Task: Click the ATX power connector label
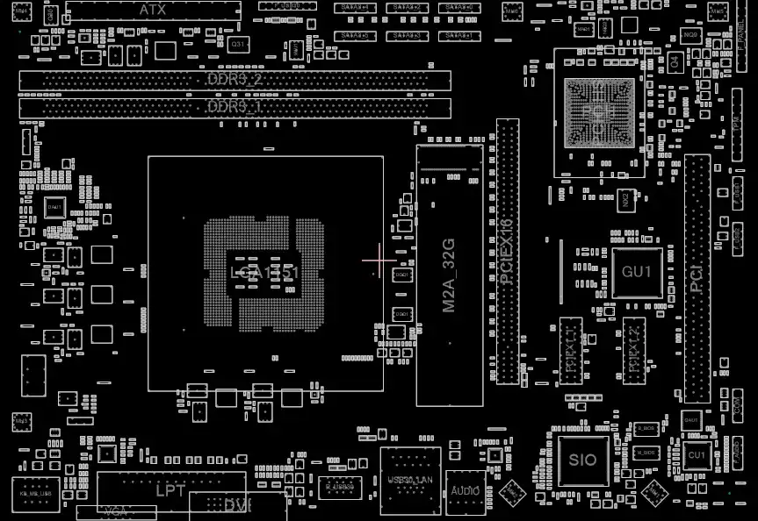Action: (153, 10)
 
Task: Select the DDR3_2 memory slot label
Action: (235, 80)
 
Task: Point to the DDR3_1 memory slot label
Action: (235, 107)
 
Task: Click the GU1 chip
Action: (636, 272)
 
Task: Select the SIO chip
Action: (582, 460)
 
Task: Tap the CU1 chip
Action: (697, 456)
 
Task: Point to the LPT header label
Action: (170, 491)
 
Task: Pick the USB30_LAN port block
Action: (410, 480)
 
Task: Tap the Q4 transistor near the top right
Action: (675, 61)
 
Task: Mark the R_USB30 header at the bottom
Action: (340, 486)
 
